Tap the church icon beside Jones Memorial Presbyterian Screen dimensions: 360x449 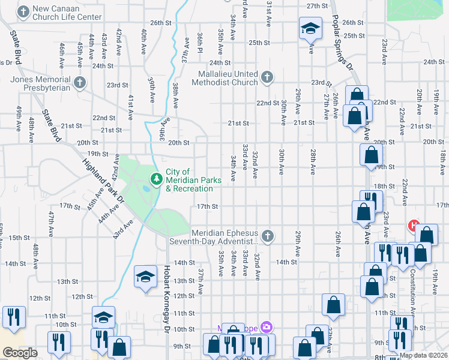point(79,82)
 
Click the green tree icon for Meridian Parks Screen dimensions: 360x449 point(156,178)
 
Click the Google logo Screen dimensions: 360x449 point(20,353)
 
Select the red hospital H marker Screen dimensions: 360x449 point(413,226)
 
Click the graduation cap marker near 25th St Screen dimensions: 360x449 point(310,28)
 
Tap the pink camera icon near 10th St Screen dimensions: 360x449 point(266,328)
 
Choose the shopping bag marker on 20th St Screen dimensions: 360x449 point(372,155)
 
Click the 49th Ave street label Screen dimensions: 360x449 point(19,116)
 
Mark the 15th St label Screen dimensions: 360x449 point(19,238)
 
